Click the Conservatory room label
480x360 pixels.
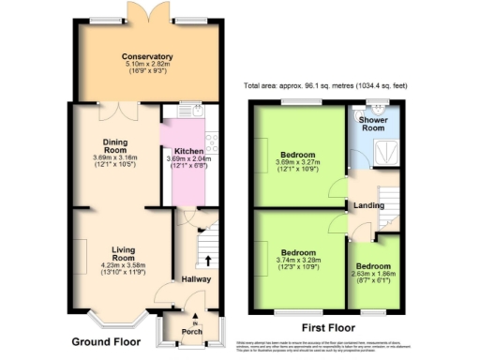point(147,56)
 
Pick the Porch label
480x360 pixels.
point(194,330)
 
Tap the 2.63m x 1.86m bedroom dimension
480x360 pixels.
point(373,275)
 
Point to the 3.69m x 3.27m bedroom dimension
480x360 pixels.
point(300,163)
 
